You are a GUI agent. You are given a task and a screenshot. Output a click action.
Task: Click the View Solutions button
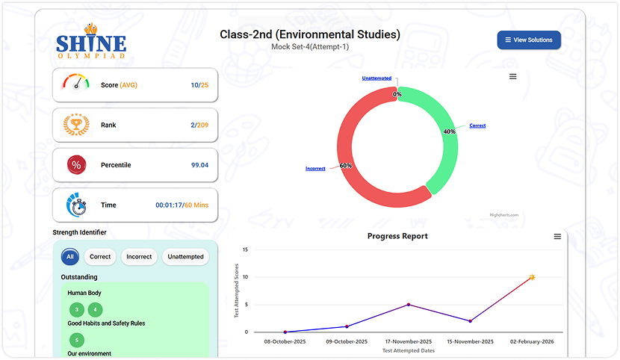(x=529, y=40)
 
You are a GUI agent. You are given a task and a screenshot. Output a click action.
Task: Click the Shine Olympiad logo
(x=91, y=42)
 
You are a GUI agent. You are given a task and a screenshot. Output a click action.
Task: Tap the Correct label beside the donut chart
(x=477, y=125)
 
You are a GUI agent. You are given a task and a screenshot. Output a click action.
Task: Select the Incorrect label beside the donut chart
(x=315, y=169)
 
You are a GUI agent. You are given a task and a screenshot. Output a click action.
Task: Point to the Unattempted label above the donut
(x=376, y=78)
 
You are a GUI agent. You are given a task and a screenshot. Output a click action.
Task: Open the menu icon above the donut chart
(x=512, y=76)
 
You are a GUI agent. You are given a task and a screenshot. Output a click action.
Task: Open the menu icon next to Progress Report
(x=557, y=236)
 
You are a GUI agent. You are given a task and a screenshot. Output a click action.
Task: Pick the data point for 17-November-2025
(x=409, y=304)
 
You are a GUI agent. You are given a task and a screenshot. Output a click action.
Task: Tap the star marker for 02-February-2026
(x=532, y=277)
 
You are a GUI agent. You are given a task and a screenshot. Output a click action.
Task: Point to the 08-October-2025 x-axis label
(x=285, y=341)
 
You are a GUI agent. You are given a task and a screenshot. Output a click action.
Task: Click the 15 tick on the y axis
(x=256, y=249)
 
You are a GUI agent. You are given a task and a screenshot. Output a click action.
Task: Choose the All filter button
(x=70, y=256)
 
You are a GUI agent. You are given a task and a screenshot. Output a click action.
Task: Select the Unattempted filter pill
(x=185, y=256)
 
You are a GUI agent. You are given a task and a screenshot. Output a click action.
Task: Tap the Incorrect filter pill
(x=139, y=256)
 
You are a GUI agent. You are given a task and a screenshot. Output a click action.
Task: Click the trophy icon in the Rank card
(x=77, y=125)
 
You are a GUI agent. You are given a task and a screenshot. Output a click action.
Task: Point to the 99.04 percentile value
(x=199, y=165)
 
